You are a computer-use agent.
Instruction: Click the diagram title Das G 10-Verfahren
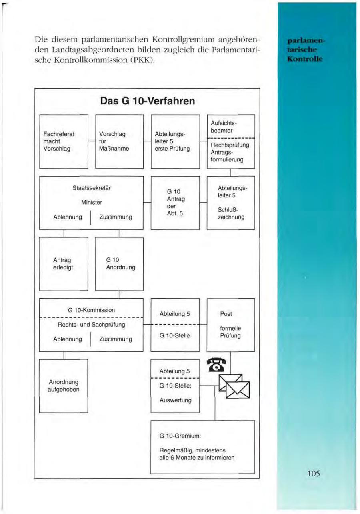pyautogui.click(x=148, y=101)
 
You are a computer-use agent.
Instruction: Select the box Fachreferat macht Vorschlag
pyautogui.click(x=64, y=141)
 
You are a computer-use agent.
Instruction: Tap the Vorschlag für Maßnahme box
pyautogui.click(x=120, y=141)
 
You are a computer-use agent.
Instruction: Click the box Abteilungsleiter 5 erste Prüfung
pyautogui.click(x=175, y=141)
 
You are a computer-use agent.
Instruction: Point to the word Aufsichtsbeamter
pyautogui.click(x=224, y=127)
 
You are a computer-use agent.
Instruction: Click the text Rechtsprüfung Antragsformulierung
pyautogui.click(x=230, y=152)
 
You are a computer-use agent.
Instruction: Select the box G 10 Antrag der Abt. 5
pyautogui.click(x=175, y=203)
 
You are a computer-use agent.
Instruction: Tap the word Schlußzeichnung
pyautogui.click(x=231, y=213)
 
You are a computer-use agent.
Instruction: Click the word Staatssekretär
pyautogui.click(x=92, y=188)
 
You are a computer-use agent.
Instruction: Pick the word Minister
pyautogui.click(x=92, y=203)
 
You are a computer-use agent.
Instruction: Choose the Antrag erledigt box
pyautogui.click(x=64, y=264)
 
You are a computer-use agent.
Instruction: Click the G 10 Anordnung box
pyautogui.click(x=120, y=264)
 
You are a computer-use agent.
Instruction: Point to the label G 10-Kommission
pyautogui.click(x=91, y=310)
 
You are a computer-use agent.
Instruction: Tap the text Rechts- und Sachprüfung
pyautogui.click(x=91, y=325)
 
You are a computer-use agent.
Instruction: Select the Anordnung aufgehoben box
pyautogui.click(x=64, y=386)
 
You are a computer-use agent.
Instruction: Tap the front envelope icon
pyautogui.click(x=238, y=390)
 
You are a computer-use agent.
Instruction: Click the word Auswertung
pyautogui.click(x=176, y=400)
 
